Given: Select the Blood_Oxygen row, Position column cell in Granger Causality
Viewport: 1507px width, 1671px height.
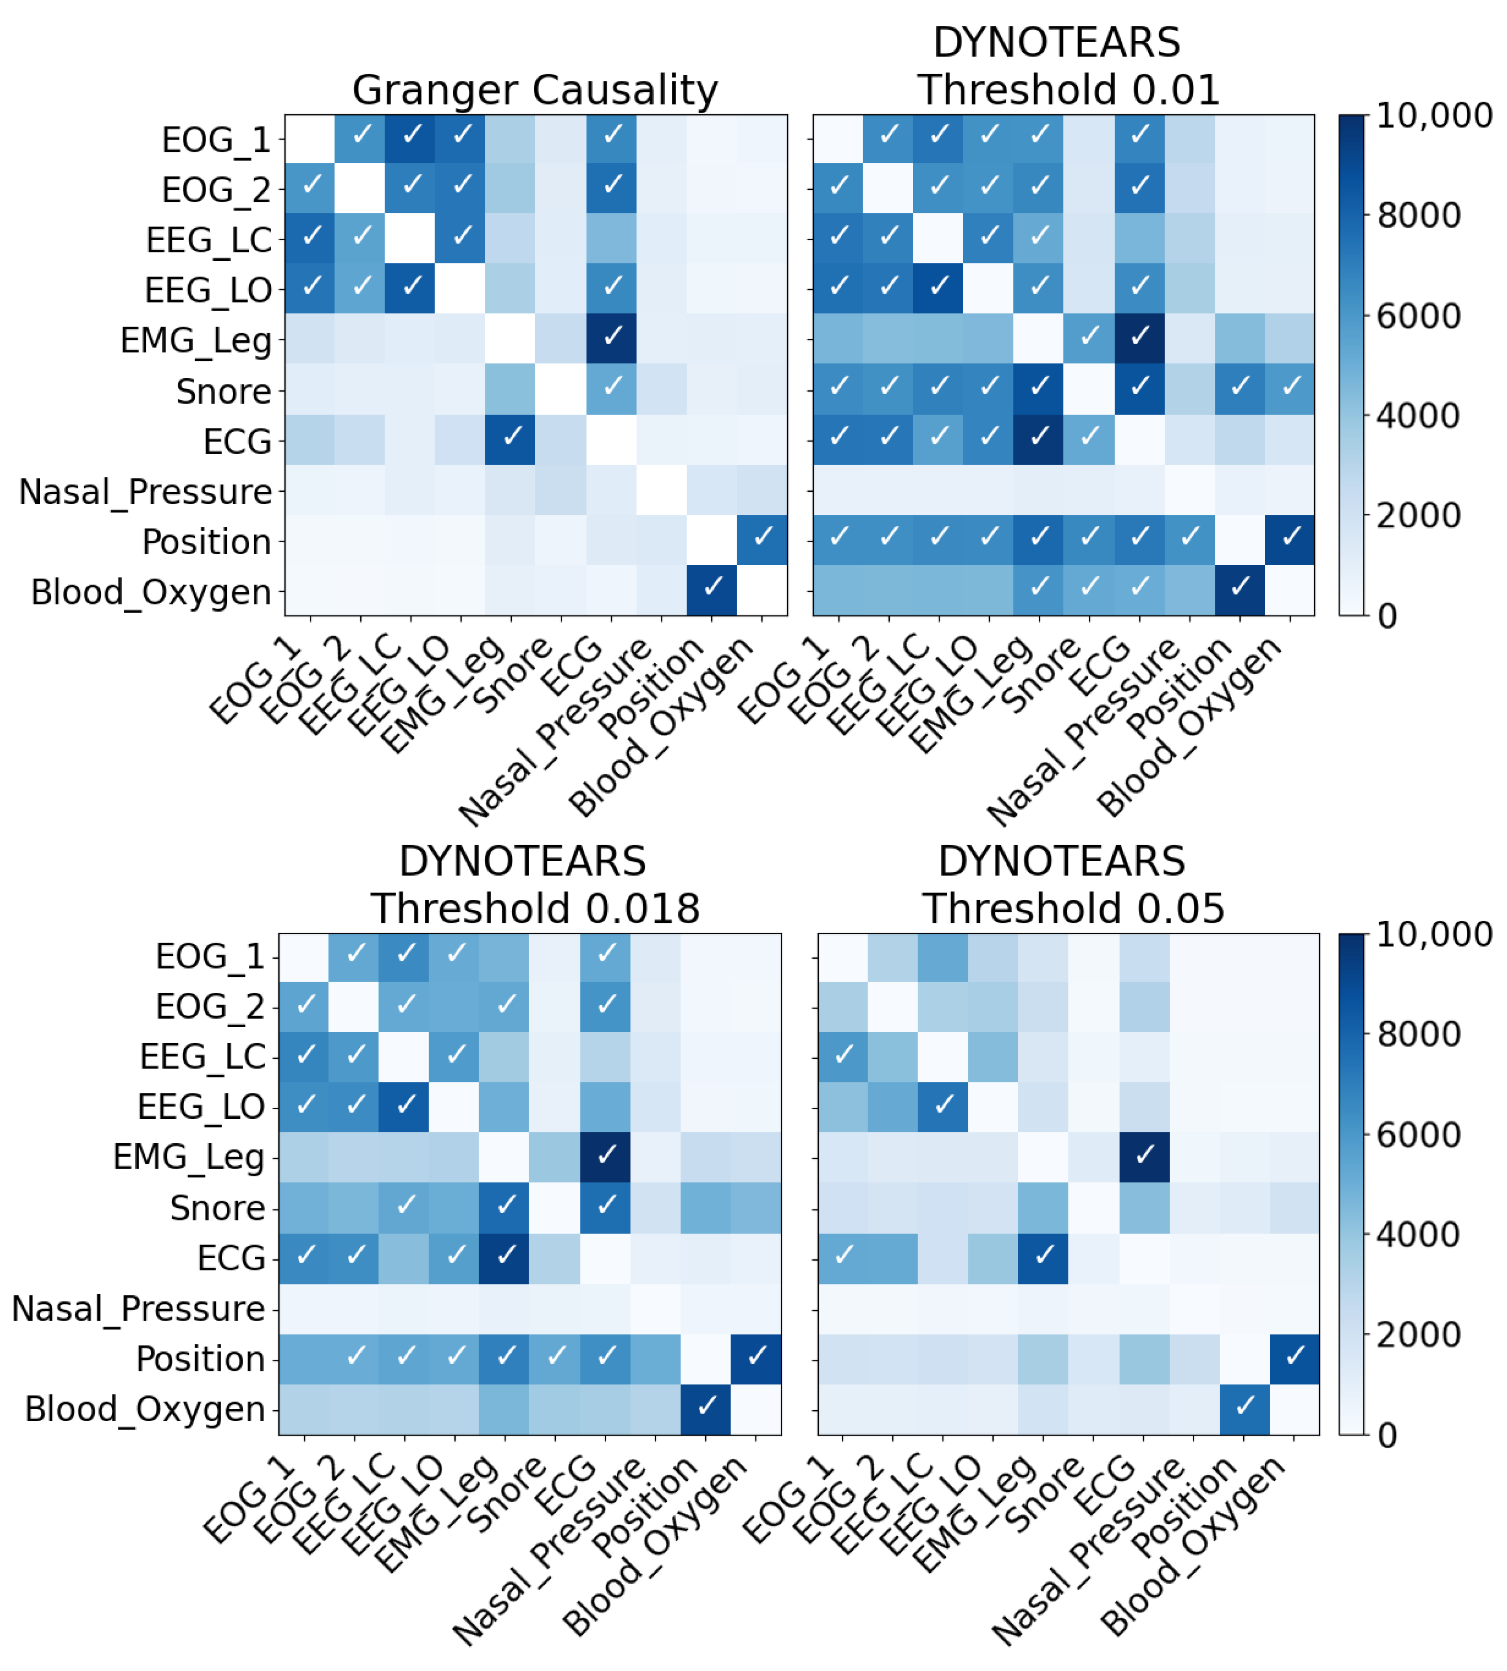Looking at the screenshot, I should pyautogui.click(x=711, y=589).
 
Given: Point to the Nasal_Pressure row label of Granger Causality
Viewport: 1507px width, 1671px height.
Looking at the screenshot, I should pyautogui.click(x=145, y=492).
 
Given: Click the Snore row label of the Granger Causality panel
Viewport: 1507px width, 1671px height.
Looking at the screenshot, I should pyautogui.click(x=224, y=391).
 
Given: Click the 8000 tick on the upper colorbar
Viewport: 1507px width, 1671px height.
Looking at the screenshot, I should pyautogui.click(x=1418, y=215).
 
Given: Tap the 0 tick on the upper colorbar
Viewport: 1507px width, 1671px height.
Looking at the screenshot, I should pyautogui.click(x=1387, y=616).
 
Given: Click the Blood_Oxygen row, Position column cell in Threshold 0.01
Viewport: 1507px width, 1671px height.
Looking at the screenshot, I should pyautogui.click(x=1239, y=589).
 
